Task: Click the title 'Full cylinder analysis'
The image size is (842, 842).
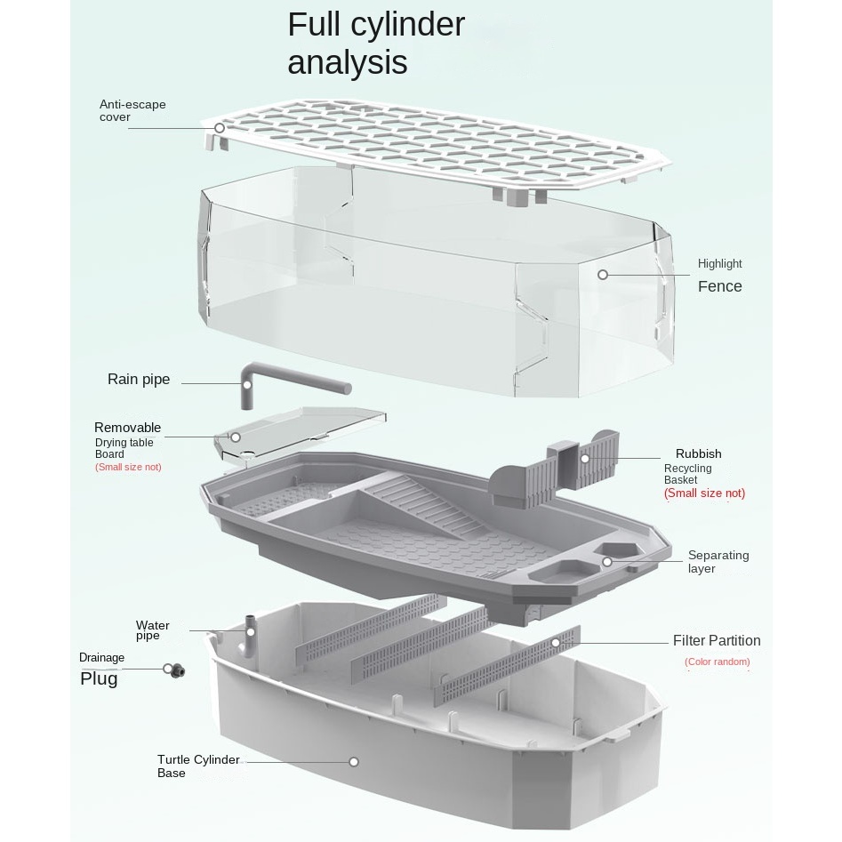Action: pos(375,44)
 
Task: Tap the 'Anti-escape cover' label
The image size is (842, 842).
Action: pos(132,111)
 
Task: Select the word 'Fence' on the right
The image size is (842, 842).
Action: pos(719,286)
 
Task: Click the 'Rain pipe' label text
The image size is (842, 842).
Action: pos(139,380)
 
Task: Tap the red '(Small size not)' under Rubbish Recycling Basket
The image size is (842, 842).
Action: pos(704,493)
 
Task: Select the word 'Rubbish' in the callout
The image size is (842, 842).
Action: pos(698,453)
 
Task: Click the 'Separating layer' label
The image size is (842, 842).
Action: pos(718,562)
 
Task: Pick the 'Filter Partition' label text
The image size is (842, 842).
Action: pos(717,640)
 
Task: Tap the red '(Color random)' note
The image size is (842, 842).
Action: pos(717,662)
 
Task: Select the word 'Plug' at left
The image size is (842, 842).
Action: pos(99,679)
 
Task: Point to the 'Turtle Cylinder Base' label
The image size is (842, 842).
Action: pos(198,766)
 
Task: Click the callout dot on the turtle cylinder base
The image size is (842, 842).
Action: pos(353,762)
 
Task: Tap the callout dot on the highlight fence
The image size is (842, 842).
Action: pos(603,275)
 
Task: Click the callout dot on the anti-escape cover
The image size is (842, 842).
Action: pos(221,128)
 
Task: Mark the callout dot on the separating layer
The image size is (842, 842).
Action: pos(607,562)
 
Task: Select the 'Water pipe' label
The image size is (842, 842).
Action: pos(152,630)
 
